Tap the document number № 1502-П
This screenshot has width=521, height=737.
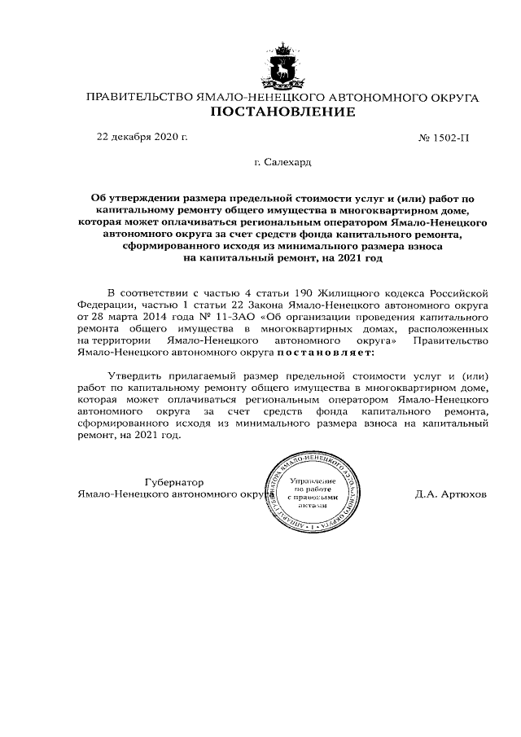[x=444, y=138]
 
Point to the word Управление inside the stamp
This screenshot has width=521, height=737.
[x=312, y=481]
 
